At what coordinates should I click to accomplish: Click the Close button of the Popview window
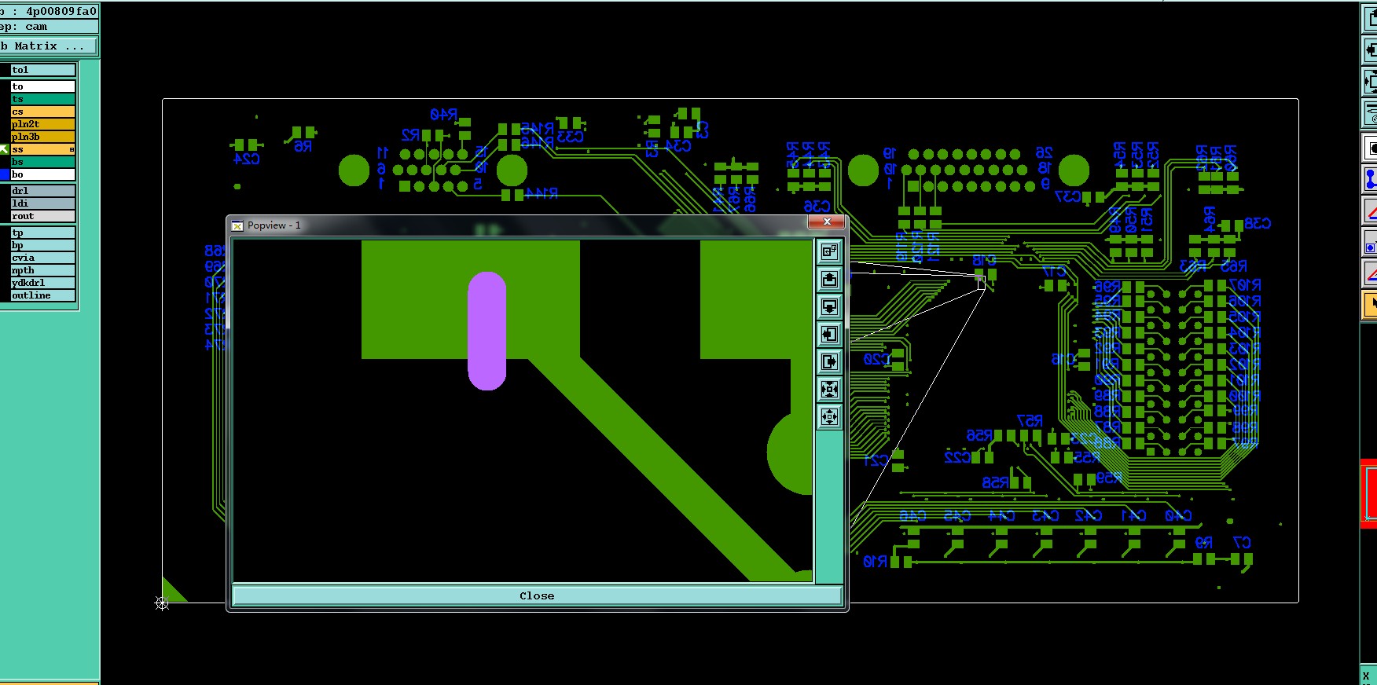coord(537,595)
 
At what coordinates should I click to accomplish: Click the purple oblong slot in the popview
coord(487,331)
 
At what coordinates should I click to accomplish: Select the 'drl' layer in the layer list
coord(42,191)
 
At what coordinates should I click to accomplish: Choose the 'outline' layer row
coord(42,295)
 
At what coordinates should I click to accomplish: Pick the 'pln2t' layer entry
coord(42,124)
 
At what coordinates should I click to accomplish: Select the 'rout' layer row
coord(42,216)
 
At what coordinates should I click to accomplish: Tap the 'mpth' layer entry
coord(42,270)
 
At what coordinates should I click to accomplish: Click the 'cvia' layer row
coord(42,258)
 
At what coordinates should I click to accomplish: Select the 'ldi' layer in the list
coord(42,203)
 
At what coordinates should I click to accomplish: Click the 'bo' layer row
coord(42,174)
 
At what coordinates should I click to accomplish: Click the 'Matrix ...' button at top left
coord(49,46)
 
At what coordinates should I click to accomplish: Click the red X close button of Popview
coord(827,222)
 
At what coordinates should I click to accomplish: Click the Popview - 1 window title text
coord(274,225)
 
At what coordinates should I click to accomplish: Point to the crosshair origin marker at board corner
coord(162,603)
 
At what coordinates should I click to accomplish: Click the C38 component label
coord(1258,224)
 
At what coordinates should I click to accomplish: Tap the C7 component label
coord(1242,542)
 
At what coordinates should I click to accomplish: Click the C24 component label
coord(247,159)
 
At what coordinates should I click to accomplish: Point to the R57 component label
coord(1030,421)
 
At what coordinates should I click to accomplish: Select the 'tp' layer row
coord(42,233)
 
